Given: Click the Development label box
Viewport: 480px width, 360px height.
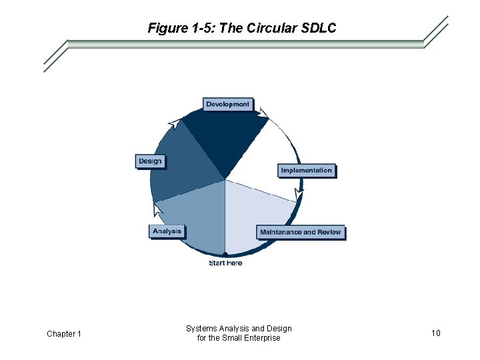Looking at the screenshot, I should click(227, 104).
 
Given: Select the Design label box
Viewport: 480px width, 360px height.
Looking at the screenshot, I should click(150, 161).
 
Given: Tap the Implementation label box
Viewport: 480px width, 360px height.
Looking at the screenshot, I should click(306, 171).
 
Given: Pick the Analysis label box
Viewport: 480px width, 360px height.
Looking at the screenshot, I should click(167, 231).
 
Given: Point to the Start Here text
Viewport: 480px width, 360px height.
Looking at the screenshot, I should click(225, 263).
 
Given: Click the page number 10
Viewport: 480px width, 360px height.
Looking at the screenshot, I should click(435, 333).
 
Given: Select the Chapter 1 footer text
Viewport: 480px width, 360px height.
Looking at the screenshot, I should click(64, 333).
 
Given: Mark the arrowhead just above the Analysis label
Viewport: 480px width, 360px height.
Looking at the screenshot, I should click(157, 210).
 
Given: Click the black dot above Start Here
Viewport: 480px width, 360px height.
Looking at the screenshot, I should click(225, 254).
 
